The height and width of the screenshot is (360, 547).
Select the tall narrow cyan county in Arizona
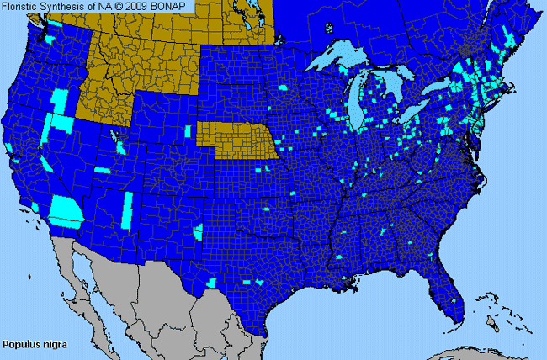[128, 206]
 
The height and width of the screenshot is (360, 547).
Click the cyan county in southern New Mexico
[199, 230]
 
